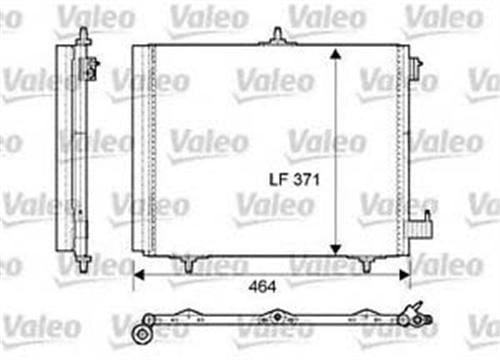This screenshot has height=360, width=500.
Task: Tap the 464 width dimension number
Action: click(x=263, y=287)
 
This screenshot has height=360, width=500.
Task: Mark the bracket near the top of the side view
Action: click(x=94, y=67)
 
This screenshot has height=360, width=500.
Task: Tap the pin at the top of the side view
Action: click(x=79, y=32)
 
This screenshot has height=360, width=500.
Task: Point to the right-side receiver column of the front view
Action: click(x=402, y=150)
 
